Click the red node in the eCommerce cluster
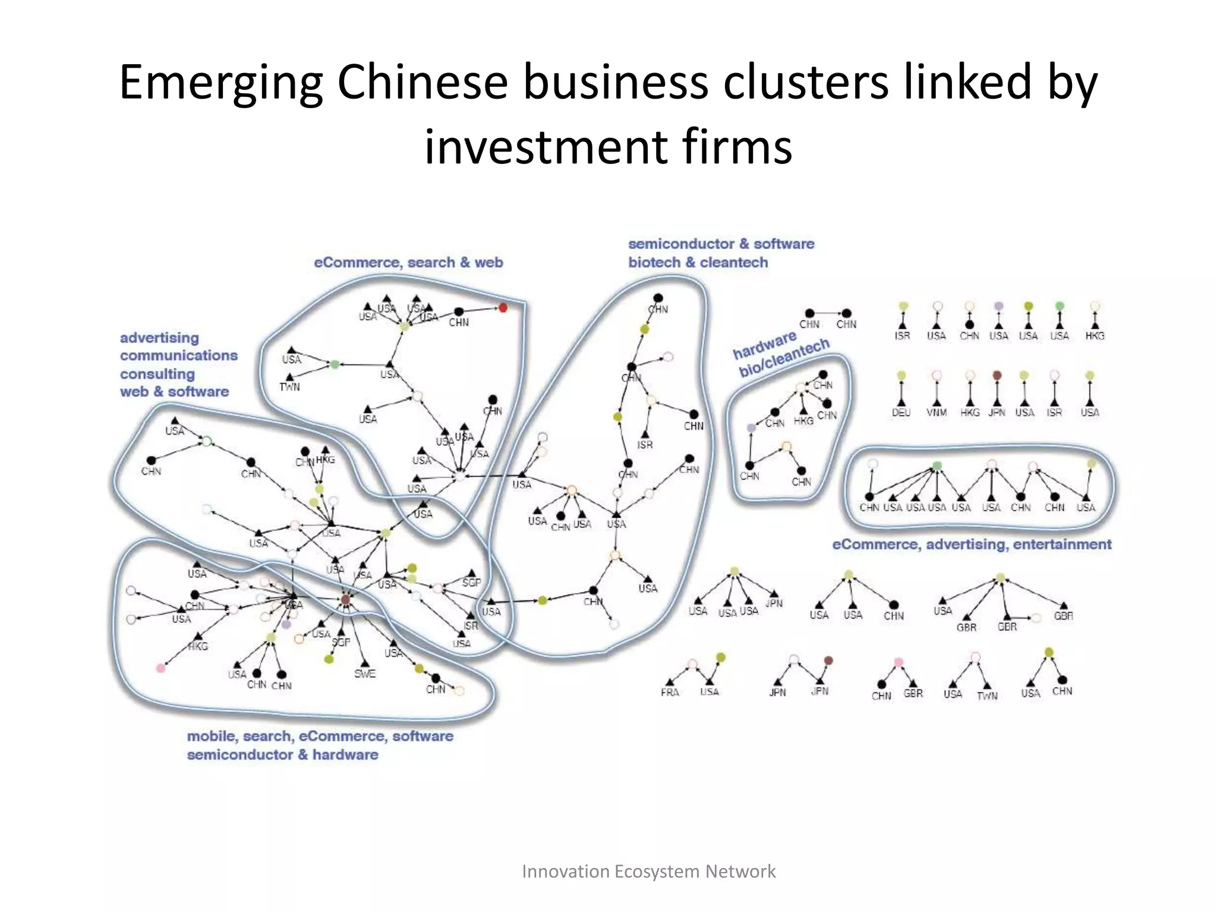pyautogui.click(x=503, y=307)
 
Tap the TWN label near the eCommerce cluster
pyautogui.click(x=289, y=387)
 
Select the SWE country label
pyautogui.click(x=364, y=673)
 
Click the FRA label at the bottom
pyautogui.click(x=669, y=692)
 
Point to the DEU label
pyautogui.click(x=901, y=413)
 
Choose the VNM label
pyautogui.click(x=937, y=413)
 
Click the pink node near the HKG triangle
pyautogui.click(x=160, y=668)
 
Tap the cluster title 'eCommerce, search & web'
pyautogui.click(x=408, y=262)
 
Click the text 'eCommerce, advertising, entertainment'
pyautogui.click(x=971, y=544)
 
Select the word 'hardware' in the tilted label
pyautogui.click(x=764, y=345)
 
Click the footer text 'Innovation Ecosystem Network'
pyautogui.click(x=648, y=871)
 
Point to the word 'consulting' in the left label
pyautogui.click(x=157, y=374)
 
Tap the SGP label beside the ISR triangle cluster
pyautogui.click(x=471, y=583)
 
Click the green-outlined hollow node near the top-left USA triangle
pyautogui.click(x=206, y=441)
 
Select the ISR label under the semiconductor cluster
pyautogui.click(x=645, y=445)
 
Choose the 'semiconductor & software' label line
pyautogui.click(x=721, y=244)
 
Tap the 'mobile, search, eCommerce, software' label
pyautogui.click(x=320, y=736)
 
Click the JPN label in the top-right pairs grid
pyautogui.click(x=997, y=413)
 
